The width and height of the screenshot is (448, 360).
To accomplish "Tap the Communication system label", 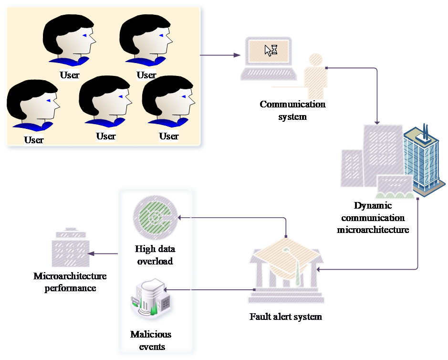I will [292, 110].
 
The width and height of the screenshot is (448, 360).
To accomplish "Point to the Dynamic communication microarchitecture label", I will [373, 218].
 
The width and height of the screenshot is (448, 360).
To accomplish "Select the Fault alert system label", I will [286, 317].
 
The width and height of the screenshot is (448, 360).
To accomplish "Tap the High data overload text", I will [155, 255].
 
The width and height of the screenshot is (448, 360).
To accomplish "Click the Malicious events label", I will [151, 339].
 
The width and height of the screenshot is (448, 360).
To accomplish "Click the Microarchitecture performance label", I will [70, 282].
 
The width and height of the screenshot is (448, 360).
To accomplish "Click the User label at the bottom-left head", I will [33, 140].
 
